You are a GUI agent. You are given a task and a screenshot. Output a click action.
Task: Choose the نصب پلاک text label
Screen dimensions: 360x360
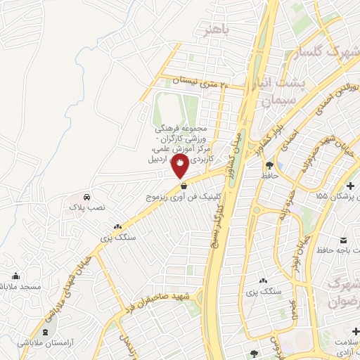click(85, 209)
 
